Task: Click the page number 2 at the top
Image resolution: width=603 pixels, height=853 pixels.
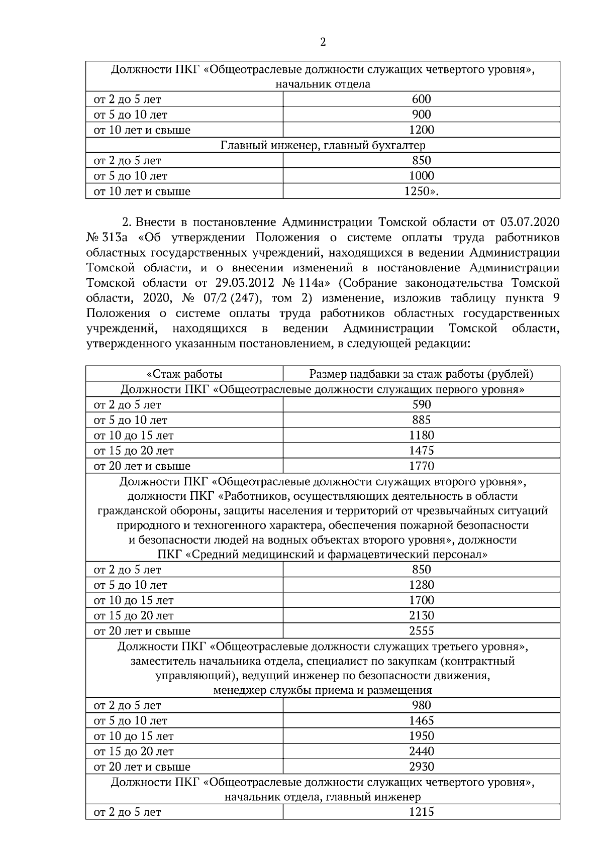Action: click(x=323, y=42)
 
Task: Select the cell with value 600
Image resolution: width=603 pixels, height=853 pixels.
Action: click(x=421, y=99)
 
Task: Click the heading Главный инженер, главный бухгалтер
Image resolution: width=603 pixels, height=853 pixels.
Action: click(x=323, y=146)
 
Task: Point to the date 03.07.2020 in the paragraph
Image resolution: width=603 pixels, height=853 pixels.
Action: click(x=530, y=223)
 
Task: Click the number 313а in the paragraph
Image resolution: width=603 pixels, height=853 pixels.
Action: click(x=117, y=238)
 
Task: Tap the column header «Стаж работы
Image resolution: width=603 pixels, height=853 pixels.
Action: click(x=184, y=374)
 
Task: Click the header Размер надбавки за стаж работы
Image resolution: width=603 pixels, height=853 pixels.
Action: click(x=421, y=374)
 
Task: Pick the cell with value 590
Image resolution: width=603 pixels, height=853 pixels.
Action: click(x=421, y=405)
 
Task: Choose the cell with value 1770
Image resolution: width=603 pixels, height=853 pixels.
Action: click(x=421, y=466)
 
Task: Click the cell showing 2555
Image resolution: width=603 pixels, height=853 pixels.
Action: click(x=421, y=631)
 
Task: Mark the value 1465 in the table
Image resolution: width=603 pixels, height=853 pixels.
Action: click(x=421, y=721)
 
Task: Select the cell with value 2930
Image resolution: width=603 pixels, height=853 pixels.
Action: click(x=421, y=767)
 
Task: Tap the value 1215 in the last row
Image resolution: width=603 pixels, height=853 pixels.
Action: click(x=421, y=812)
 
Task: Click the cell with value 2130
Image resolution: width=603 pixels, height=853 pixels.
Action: click(x=421, y=616)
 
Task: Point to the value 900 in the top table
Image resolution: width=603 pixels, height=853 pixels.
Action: click(x=421, y=115)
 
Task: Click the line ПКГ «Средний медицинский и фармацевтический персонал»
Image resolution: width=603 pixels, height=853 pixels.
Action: click(x=323, y=555)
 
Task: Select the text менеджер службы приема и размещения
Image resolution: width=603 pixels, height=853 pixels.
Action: click(x=323, y=691)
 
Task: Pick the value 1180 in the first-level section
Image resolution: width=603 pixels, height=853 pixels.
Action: click(x=421, y=436)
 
